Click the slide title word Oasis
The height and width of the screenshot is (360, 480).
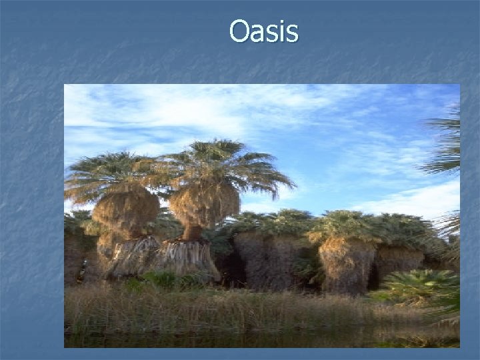point(263,31)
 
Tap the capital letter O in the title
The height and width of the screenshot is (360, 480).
point(239,31)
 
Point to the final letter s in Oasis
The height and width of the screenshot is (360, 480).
point(292,33)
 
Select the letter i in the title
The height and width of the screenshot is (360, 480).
point(281,31)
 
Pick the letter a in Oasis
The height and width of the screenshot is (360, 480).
point(257,33)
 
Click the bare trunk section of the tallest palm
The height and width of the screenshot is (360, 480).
point(193,232)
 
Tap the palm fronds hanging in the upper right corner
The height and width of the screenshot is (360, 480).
point(447,143)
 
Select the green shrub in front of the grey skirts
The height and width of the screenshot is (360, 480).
point(160,279)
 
